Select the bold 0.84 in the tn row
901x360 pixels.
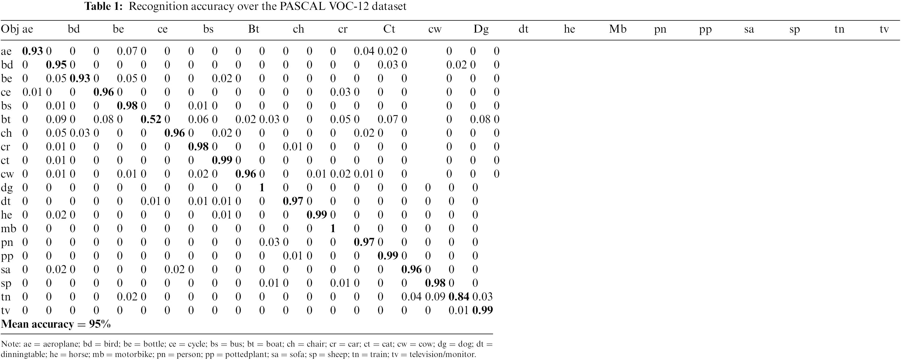[458, 297]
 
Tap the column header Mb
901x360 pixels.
[617, 29]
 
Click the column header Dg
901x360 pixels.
[481, 29]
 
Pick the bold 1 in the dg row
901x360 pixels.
[262, 187]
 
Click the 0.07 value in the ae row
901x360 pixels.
[127, 51]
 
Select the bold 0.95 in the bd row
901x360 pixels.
[56, 65]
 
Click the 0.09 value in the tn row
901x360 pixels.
[435, 297]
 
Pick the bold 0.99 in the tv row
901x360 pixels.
[482, 310]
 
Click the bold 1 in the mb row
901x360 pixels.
[333, 228]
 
